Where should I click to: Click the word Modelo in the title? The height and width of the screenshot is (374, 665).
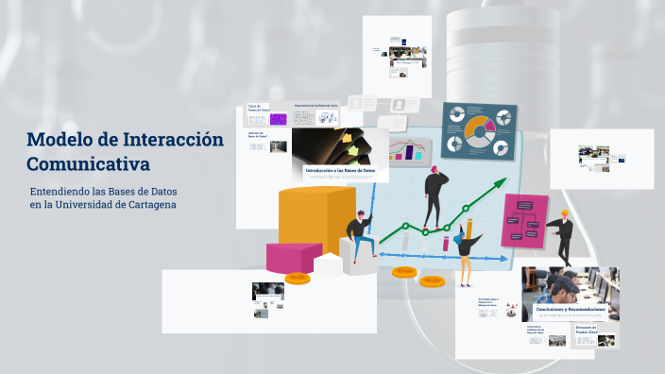tap(57, 141)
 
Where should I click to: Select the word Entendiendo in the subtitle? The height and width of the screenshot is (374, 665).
tap(62, 192)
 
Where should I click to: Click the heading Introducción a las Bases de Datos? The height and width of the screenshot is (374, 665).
tap(339, 170)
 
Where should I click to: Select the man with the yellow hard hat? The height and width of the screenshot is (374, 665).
tap(562, 236)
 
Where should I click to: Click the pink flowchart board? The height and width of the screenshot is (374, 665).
tap(524, 221)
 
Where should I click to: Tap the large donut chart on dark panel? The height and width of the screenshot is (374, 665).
tap(478, 128)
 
